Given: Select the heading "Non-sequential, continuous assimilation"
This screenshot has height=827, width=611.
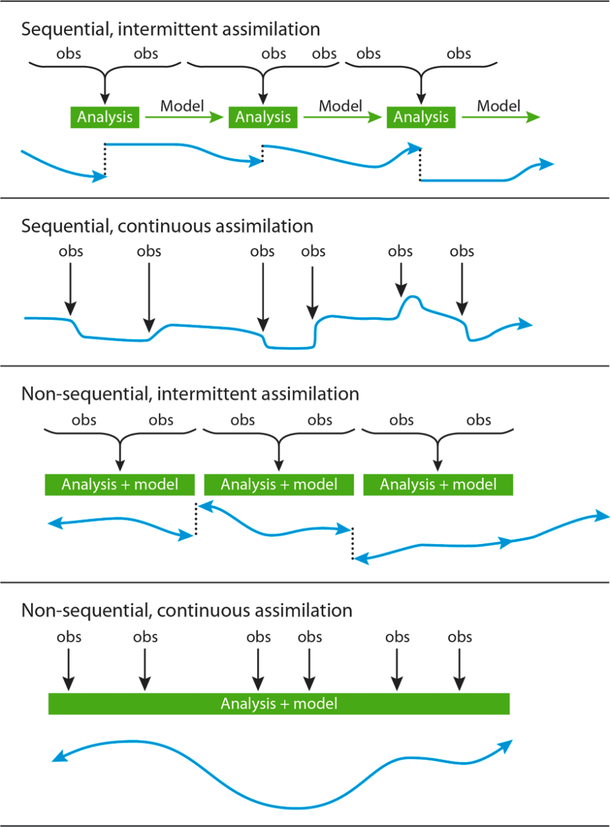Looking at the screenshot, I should click(187, 610).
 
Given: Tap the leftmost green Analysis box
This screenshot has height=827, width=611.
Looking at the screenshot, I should click(105, 117).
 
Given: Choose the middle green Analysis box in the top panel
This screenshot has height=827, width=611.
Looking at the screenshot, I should click(263, 117).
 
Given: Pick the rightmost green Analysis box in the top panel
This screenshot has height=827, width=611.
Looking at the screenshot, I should click(421, 117).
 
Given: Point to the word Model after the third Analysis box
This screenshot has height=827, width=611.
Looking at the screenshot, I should click(499, 105).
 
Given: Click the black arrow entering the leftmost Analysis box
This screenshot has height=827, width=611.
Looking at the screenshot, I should click(105, 89).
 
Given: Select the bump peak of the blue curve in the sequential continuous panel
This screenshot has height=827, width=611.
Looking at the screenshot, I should click(412, 298).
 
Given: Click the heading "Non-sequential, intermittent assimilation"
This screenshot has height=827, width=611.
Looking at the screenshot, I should click(190, 394).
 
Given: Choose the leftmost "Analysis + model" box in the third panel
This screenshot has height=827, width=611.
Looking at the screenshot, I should click(119, 485).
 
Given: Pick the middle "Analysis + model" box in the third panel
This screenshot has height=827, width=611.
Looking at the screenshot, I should click(279, 485).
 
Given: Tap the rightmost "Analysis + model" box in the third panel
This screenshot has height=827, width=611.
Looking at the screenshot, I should click(438, 485).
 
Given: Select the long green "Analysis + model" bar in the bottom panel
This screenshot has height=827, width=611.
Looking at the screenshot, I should click(279, 704).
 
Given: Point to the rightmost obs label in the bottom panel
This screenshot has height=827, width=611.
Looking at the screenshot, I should click(460, 637).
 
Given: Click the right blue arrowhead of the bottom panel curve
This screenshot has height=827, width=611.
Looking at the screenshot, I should click(506, 745).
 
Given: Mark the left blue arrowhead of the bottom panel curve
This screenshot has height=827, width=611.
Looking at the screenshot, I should click(57, 758).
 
